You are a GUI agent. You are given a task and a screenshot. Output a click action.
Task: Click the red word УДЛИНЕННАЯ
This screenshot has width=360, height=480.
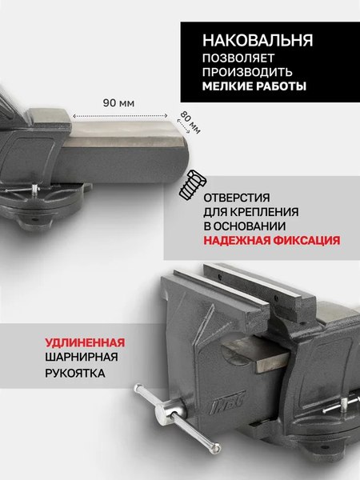(x=86, y=342)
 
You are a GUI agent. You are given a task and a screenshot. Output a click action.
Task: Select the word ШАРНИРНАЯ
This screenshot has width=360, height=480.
(x=80, y=358)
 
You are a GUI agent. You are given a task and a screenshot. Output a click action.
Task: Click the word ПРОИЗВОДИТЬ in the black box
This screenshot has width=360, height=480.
(x=241, y=72)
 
